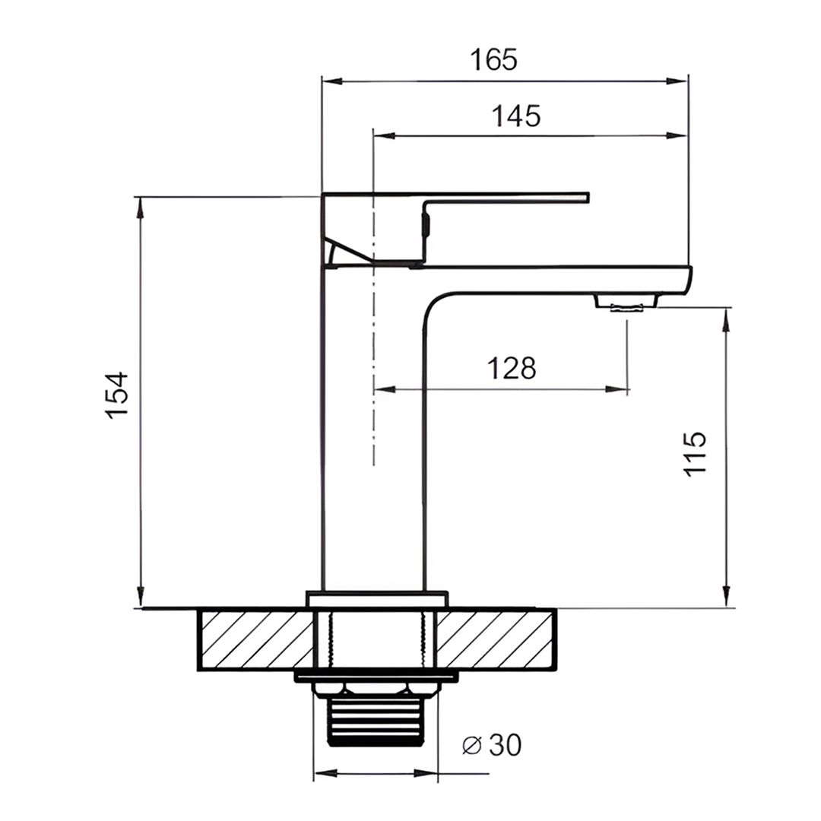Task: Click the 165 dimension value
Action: (493, 59)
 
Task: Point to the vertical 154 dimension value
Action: (117, 395)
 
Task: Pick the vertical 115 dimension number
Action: (696, 453)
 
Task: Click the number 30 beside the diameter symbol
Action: (506, 744)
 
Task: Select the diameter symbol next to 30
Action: (472, 745)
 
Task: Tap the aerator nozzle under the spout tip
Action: (626, 303)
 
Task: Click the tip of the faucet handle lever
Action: (588, 197)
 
